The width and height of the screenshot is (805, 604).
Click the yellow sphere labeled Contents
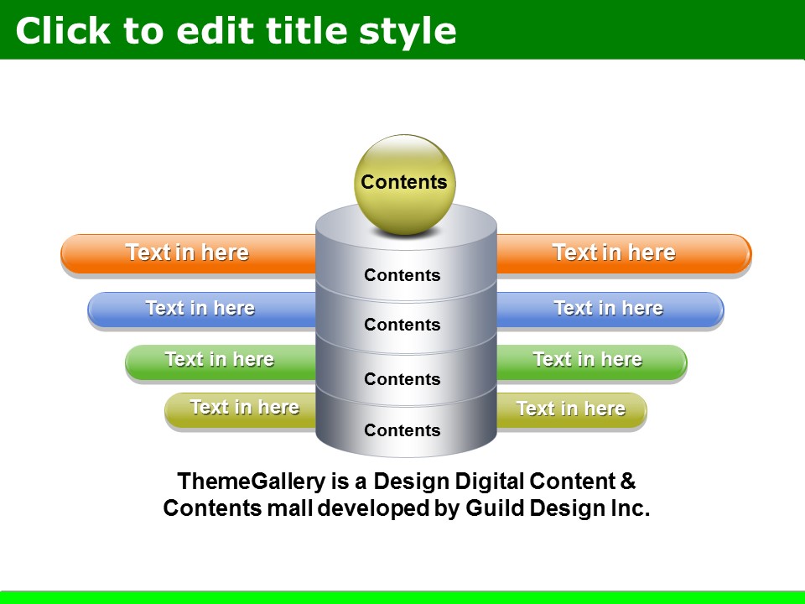click(x=404, y=185)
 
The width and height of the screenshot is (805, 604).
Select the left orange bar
click(x=189, y=253)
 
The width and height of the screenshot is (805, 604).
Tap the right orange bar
click(x=624, y=253)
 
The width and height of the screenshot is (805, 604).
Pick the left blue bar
click(x=202, y=310)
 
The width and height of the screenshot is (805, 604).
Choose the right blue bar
click(x=610, y=310)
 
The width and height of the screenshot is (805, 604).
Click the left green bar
click(x=221, y=362)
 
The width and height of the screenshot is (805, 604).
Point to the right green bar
click(x=591, y=362)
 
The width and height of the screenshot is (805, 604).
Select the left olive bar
click(x=241, y=410)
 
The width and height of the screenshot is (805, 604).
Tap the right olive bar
click(x=571, y=410)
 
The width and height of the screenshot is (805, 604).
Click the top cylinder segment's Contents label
click(x=402, y=275)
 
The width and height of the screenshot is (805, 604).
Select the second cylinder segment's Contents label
click(x=402, y=325)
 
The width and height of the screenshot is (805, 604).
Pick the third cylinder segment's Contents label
click(x=402, y=379)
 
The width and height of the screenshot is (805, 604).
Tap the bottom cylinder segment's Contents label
click(x=402, y=430)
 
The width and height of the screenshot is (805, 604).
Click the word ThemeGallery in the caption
click(x=251, y=482)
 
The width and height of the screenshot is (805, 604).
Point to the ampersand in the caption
click(x=628, y=482)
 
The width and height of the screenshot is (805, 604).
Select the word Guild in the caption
click(x=495, y=508)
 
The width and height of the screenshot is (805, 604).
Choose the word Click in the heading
click(x=63, y=31)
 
